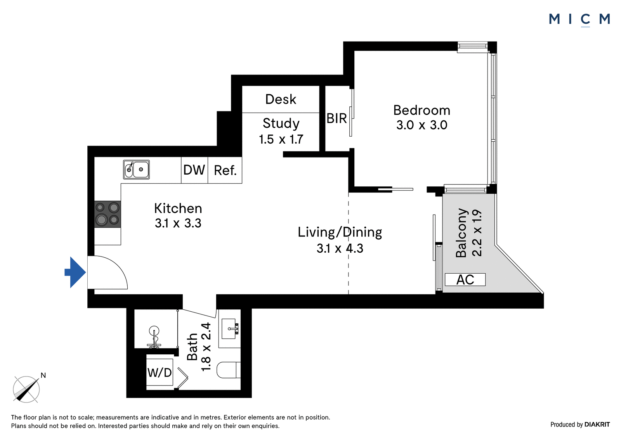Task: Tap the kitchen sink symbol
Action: point(136,170)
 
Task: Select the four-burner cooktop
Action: point(108,214)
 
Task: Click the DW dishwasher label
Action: point(194,170)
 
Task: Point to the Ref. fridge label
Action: point(225,170)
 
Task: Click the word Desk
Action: point(281,99)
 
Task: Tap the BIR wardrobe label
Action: point(337,118)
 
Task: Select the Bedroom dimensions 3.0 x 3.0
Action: point(422,125)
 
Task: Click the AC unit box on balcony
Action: point(465,279)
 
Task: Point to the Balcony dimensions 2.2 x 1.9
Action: point(477,233)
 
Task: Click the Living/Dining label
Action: point(340,233)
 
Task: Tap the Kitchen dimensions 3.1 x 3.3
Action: point(178,223)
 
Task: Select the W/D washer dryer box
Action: point(160,372)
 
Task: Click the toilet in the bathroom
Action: point(229,370)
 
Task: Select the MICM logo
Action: point(579,20)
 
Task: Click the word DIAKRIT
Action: point(597,425)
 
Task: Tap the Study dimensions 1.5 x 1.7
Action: point(281,139)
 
